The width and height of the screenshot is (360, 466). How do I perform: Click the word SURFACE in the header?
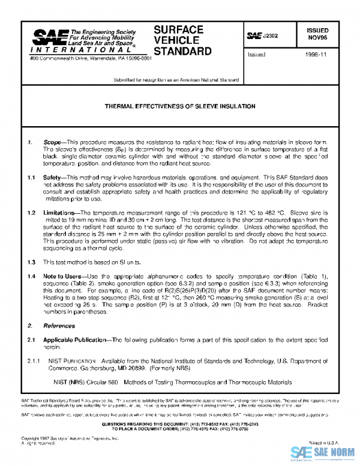(x=178, y=30)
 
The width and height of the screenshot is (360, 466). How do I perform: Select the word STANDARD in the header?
(x=182, y=52)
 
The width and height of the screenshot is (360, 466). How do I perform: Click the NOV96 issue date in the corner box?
(x=317, y=37)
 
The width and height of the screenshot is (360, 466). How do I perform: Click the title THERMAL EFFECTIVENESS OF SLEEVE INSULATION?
(x=180, y=106)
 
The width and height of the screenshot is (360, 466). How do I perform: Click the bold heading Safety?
(x=53, y=178)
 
